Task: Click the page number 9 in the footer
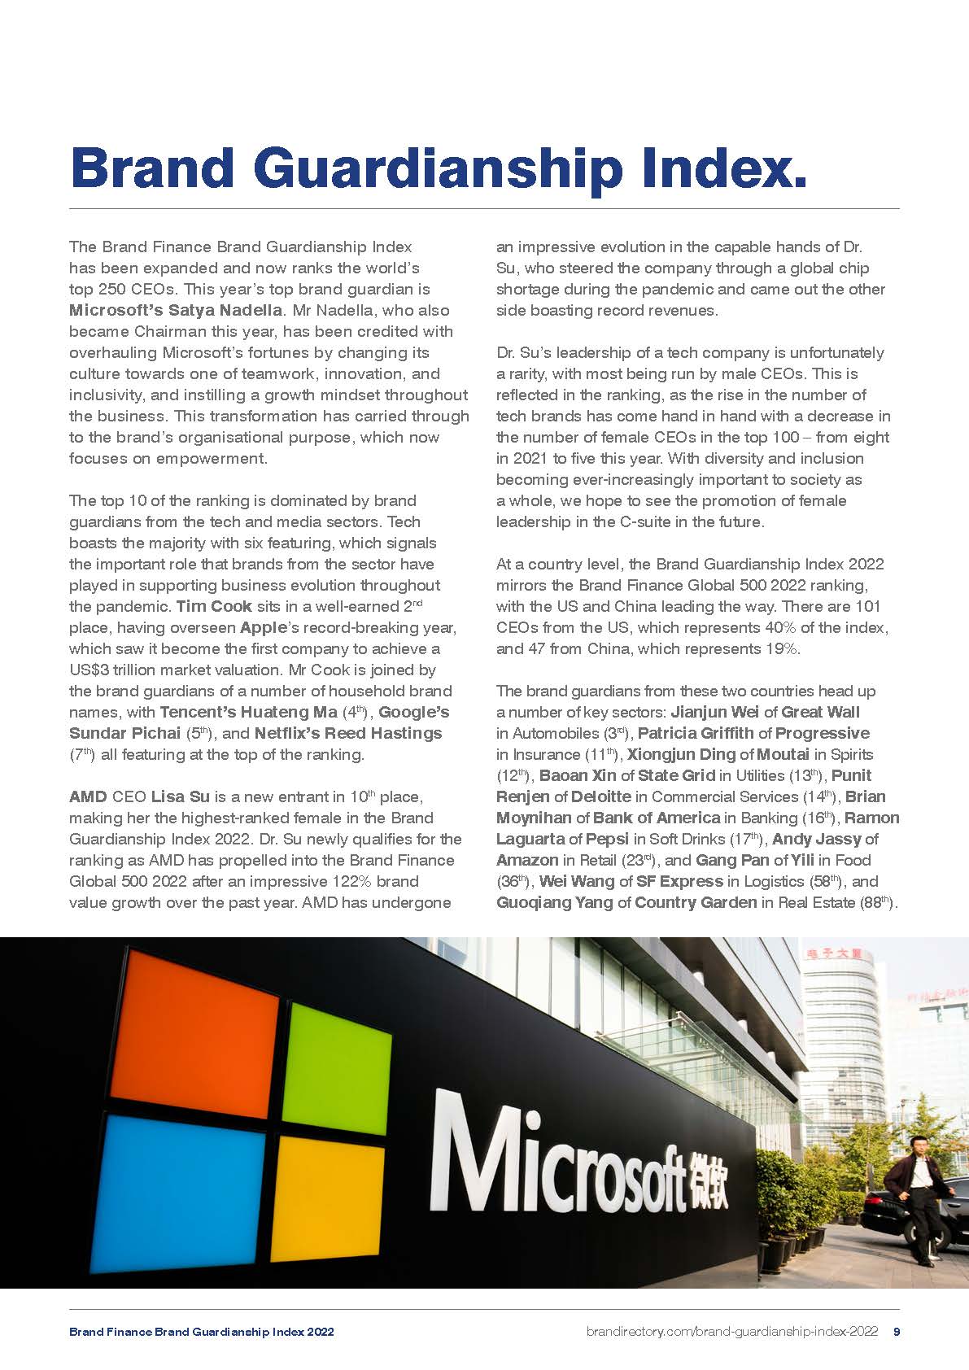tap(896, 1332)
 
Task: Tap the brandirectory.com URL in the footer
tap(731, 1332)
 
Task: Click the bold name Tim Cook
tap(214, 606)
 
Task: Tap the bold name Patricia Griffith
tap(696, 733)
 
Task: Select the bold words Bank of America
tap(656, 818)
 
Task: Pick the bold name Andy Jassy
tap(816, 839)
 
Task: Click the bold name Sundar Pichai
tap(124, 733)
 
